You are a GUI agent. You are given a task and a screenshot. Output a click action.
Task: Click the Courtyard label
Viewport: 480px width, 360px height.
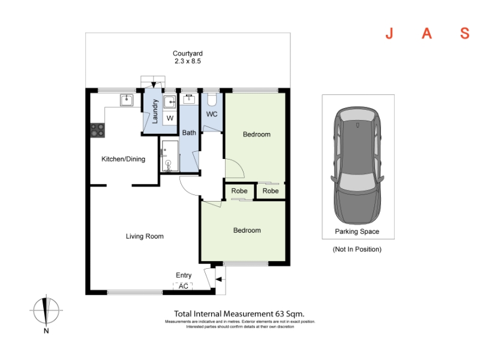point(188,53)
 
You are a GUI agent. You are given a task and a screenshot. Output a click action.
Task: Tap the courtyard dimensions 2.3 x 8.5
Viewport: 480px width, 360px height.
point(188,61)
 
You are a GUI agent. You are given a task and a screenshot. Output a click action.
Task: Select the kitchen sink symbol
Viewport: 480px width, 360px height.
point(127,100)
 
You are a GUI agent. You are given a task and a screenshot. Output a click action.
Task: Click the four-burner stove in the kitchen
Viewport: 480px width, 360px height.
point(98,130)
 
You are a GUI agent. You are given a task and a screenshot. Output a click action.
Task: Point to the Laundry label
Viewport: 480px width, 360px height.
point(155,112)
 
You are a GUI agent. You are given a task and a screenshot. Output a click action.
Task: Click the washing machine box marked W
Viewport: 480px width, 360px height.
point(170,118)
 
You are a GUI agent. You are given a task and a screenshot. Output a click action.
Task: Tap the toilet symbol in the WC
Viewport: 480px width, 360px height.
point(212,99)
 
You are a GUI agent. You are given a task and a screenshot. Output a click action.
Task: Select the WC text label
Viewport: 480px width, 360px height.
point(212,114)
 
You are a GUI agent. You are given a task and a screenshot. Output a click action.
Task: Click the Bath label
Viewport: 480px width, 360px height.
point(189,133)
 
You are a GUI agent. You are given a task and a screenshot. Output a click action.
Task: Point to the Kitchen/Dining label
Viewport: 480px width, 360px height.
point(124,159)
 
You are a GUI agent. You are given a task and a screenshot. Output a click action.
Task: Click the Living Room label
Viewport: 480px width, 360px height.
point(145,236)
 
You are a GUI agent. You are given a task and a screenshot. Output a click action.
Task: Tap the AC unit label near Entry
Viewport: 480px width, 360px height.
point(184,286)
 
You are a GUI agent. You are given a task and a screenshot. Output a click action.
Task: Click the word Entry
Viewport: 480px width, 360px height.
point(184,275)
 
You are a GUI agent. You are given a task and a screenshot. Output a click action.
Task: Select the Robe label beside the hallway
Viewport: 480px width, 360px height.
point(239,191)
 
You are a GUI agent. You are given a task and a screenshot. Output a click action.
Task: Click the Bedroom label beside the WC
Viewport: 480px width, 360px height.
point(257,134)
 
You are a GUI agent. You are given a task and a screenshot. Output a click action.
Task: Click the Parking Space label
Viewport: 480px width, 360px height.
point(357,232)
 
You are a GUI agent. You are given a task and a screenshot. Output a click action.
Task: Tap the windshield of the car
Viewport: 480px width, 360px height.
point(357,181)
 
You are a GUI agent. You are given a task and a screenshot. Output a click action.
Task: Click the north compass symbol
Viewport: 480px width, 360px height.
point(46,310)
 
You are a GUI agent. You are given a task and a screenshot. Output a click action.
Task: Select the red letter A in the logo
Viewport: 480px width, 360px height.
point(427,34)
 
